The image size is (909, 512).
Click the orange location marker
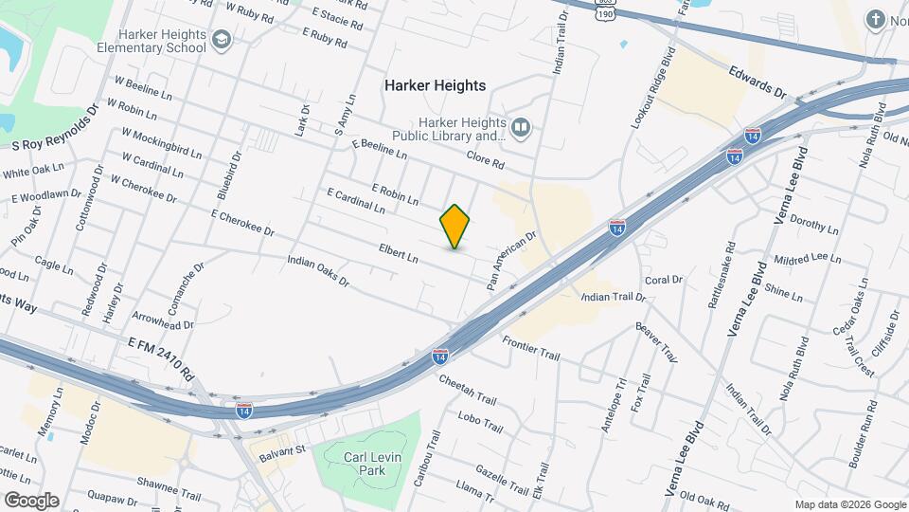click(x=454, y=227)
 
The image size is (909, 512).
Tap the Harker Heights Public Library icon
click(x=520, y=127)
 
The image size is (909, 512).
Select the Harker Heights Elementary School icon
click(x=222, y=40)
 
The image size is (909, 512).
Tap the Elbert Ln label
click(x=399, y=254)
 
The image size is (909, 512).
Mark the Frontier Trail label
click(x=531, y=347)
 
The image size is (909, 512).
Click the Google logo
click(x=31, y=501)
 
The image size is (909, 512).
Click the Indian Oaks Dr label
click(x=318, y=270)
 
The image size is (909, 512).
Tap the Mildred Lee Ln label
click(x=807, y=258)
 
